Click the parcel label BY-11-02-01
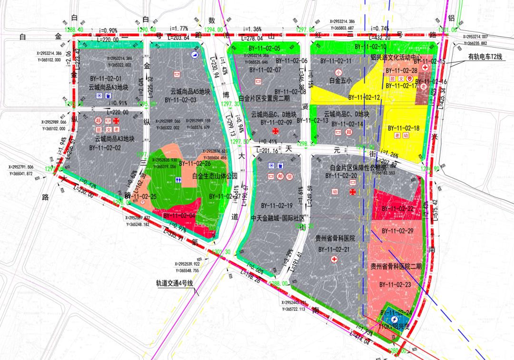tap(106, 78)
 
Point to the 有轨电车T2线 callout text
tap(484, 56)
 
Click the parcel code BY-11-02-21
tap(334, 249)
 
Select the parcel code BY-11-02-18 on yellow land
tap(403, 128)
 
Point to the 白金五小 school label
tap(340, 81)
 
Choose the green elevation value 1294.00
tap(214, 29)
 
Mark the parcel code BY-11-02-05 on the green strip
tap(264, 49)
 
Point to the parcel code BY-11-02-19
tap(276, 206)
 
